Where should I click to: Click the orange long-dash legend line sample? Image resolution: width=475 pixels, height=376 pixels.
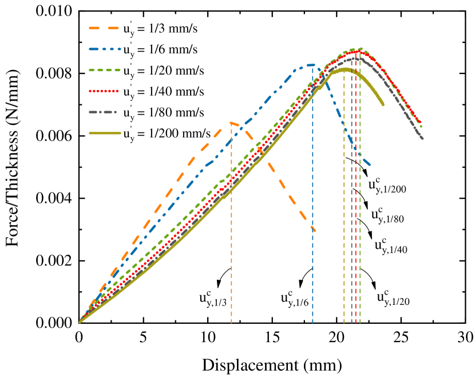[x=104, y=28]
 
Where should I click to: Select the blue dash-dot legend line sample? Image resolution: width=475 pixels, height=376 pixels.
[x=105, y=49]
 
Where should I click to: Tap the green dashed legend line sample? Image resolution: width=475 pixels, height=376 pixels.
[x=105, y=70]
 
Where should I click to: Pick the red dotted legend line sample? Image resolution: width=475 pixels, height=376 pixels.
[x=104, y=91]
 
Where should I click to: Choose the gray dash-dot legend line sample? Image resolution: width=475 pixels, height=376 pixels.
[x=103, y=112]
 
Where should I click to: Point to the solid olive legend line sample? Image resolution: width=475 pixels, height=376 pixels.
[x=105, y=133]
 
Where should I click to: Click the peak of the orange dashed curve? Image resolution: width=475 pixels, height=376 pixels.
[x=231, y=122]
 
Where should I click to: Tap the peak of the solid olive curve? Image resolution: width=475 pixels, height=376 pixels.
[x=345, y=69]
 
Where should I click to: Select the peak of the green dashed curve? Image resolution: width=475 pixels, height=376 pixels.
[x=360, y=49]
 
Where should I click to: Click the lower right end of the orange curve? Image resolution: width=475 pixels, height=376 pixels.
[x=314, y=230]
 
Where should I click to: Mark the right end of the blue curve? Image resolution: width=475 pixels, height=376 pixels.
[x=370, y=165]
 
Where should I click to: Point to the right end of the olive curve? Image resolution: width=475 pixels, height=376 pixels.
[x=383, y=104]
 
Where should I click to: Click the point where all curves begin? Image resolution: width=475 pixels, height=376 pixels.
[x=80, y=322]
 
